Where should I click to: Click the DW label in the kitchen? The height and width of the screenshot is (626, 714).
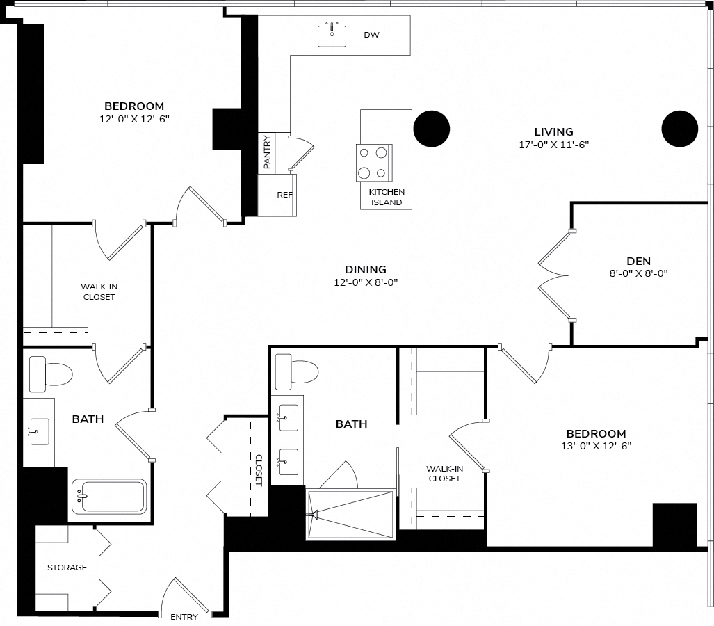(x=371, y=35)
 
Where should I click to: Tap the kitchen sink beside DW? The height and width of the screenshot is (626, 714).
(x=332, y=35)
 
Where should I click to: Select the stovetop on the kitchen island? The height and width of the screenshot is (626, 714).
(x=374, y=163)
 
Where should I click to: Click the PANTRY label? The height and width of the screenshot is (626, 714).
(x=267, y=152)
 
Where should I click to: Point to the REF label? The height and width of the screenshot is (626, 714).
(x=285, y=195)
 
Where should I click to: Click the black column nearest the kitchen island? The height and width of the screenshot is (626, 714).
(x=432, y=129)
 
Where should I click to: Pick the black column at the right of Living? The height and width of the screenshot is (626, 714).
(x=679, y=129)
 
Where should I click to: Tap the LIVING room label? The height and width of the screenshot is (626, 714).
(x=553, y=132)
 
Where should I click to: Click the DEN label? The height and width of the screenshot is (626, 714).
(x=638, y=261)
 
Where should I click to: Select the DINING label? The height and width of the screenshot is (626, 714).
(x=366, y=270)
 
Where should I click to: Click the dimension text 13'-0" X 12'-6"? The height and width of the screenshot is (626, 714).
(x=596, y=446)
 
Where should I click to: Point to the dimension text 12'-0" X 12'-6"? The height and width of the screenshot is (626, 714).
(x=134, y=119)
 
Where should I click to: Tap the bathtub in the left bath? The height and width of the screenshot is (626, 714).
(x=109, y=496)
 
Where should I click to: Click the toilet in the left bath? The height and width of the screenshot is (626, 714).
(x=51, y=374)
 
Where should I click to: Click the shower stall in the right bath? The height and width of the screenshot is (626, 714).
(x=350, y=515)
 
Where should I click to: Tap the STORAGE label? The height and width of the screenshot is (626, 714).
(x=67, y=568)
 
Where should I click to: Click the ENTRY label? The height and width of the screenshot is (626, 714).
(x=184, y=617)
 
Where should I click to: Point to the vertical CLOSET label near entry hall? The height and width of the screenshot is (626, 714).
(x=258, y=470)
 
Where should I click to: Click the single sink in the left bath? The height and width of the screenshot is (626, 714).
(x=39, y=431)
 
